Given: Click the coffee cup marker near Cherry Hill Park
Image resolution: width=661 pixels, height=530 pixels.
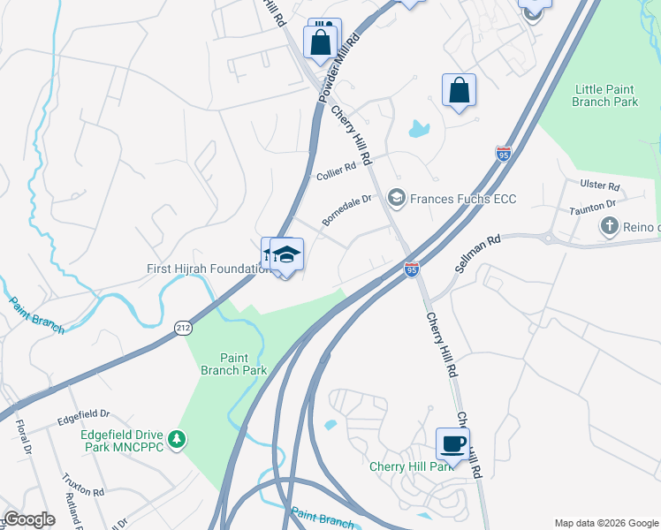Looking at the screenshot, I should coord(452,443).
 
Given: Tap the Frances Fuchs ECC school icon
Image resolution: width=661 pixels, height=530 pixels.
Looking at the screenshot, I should coord(396,198).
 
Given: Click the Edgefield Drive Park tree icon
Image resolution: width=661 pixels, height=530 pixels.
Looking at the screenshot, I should coord(178,438).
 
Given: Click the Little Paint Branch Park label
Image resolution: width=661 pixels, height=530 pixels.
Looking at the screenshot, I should coord(605,95).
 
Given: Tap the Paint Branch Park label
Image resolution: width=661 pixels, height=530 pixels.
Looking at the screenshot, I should coord(231,364).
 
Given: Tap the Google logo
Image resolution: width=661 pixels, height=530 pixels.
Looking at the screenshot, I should coord(29,519).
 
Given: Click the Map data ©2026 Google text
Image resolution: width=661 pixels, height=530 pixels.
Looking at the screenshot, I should coord(606,523).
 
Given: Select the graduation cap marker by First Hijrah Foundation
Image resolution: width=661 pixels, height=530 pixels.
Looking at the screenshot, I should coord(285,256).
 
